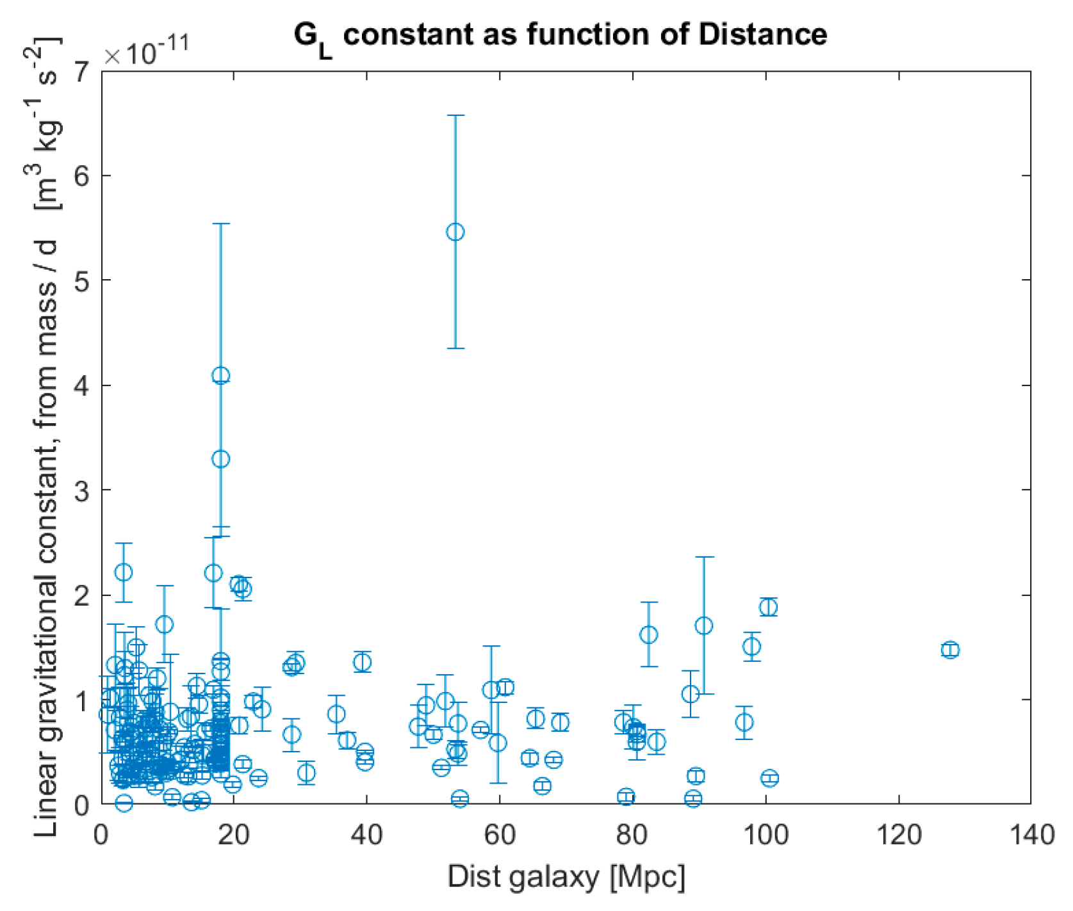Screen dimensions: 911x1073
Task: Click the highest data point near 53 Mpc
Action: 455,232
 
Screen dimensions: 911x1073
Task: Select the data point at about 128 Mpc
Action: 950,650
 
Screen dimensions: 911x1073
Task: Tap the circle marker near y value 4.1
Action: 220,376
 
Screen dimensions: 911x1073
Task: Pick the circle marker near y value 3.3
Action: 220,459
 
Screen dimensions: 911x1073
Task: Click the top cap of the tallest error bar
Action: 455,115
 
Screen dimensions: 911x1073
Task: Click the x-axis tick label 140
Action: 1030,835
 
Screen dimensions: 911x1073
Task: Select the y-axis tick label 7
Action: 81,72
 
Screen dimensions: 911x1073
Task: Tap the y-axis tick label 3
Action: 81,490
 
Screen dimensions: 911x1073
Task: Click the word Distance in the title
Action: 762,33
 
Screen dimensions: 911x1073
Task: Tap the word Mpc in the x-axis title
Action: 648,876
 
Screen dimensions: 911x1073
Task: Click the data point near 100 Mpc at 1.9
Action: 769,607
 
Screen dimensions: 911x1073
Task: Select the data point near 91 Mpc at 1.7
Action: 704,625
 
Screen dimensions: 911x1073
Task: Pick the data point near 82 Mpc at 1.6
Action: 649,634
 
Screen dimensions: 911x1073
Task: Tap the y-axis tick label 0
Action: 81,805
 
